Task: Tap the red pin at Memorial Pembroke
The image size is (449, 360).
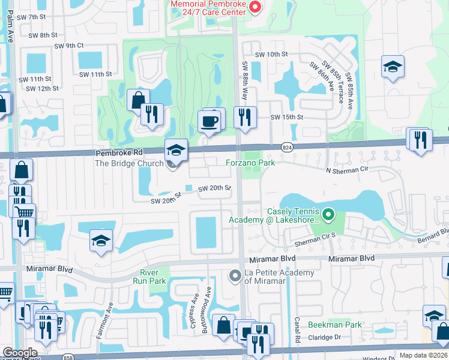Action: tap(255, 7)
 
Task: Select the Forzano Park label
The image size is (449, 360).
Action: tap(250, 163)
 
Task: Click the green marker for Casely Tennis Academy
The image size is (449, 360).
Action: tap(328, 214)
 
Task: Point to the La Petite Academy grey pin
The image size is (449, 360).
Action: tap(235, 275)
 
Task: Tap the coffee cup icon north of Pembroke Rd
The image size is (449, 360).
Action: tap(209, 122)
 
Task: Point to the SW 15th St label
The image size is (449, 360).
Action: tap(287, 117)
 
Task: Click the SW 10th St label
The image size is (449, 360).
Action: tap(271, 54)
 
